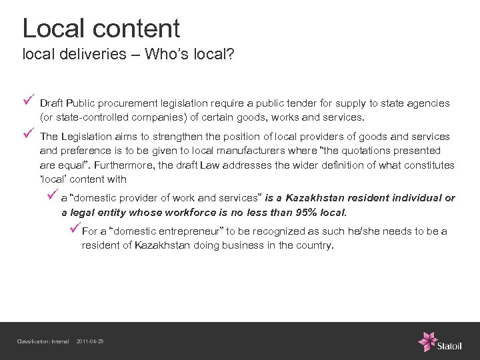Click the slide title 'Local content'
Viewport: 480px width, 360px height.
[101, 28]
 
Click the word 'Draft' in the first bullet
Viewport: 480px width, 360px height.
[51, 103]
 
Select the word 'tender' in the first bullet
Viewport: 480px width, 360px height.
[309, 103]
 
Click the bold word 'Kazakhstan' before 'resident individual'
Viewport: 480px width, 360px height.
[315, 198]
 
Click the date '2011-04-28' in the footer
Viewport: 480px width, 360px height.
[90, 342]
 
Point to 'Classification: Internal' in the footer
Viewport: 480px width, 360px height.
[43, 342]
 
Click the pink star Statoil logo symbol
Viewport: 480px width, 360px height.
[427, 341]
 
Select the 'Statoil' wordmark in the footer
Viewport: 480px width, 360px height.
[450, 345]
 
